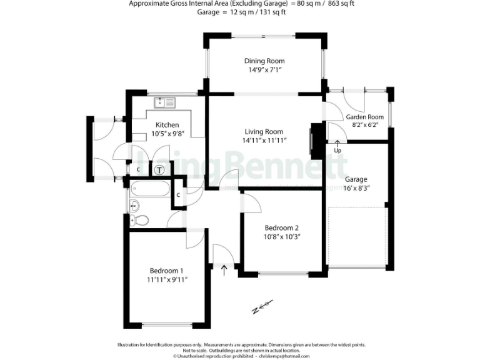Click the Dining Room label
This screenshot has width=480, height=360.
[x=264, y=61]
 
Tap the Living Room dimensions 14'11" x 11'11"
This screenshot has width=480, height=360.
[x=264, y=141]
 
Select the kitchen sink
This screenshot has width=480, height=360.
[x=166, y=102]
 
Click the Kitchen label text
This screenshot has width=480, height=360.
[x=167, y=125]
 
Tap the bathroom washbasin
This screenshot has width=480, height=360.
[x=134, y=204]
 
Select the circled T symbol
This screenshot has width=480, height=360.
[x=160, y=169]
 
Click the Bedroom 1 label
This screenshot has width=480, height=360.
[x=166, y=271]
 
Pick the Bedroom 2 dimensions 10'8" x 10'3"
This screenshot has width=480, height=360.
[x=282, y=236]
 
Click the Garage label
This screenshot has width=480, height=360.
[x=356, y=179]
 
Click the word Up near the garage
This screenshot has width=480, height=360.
[x=337, y=151]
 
